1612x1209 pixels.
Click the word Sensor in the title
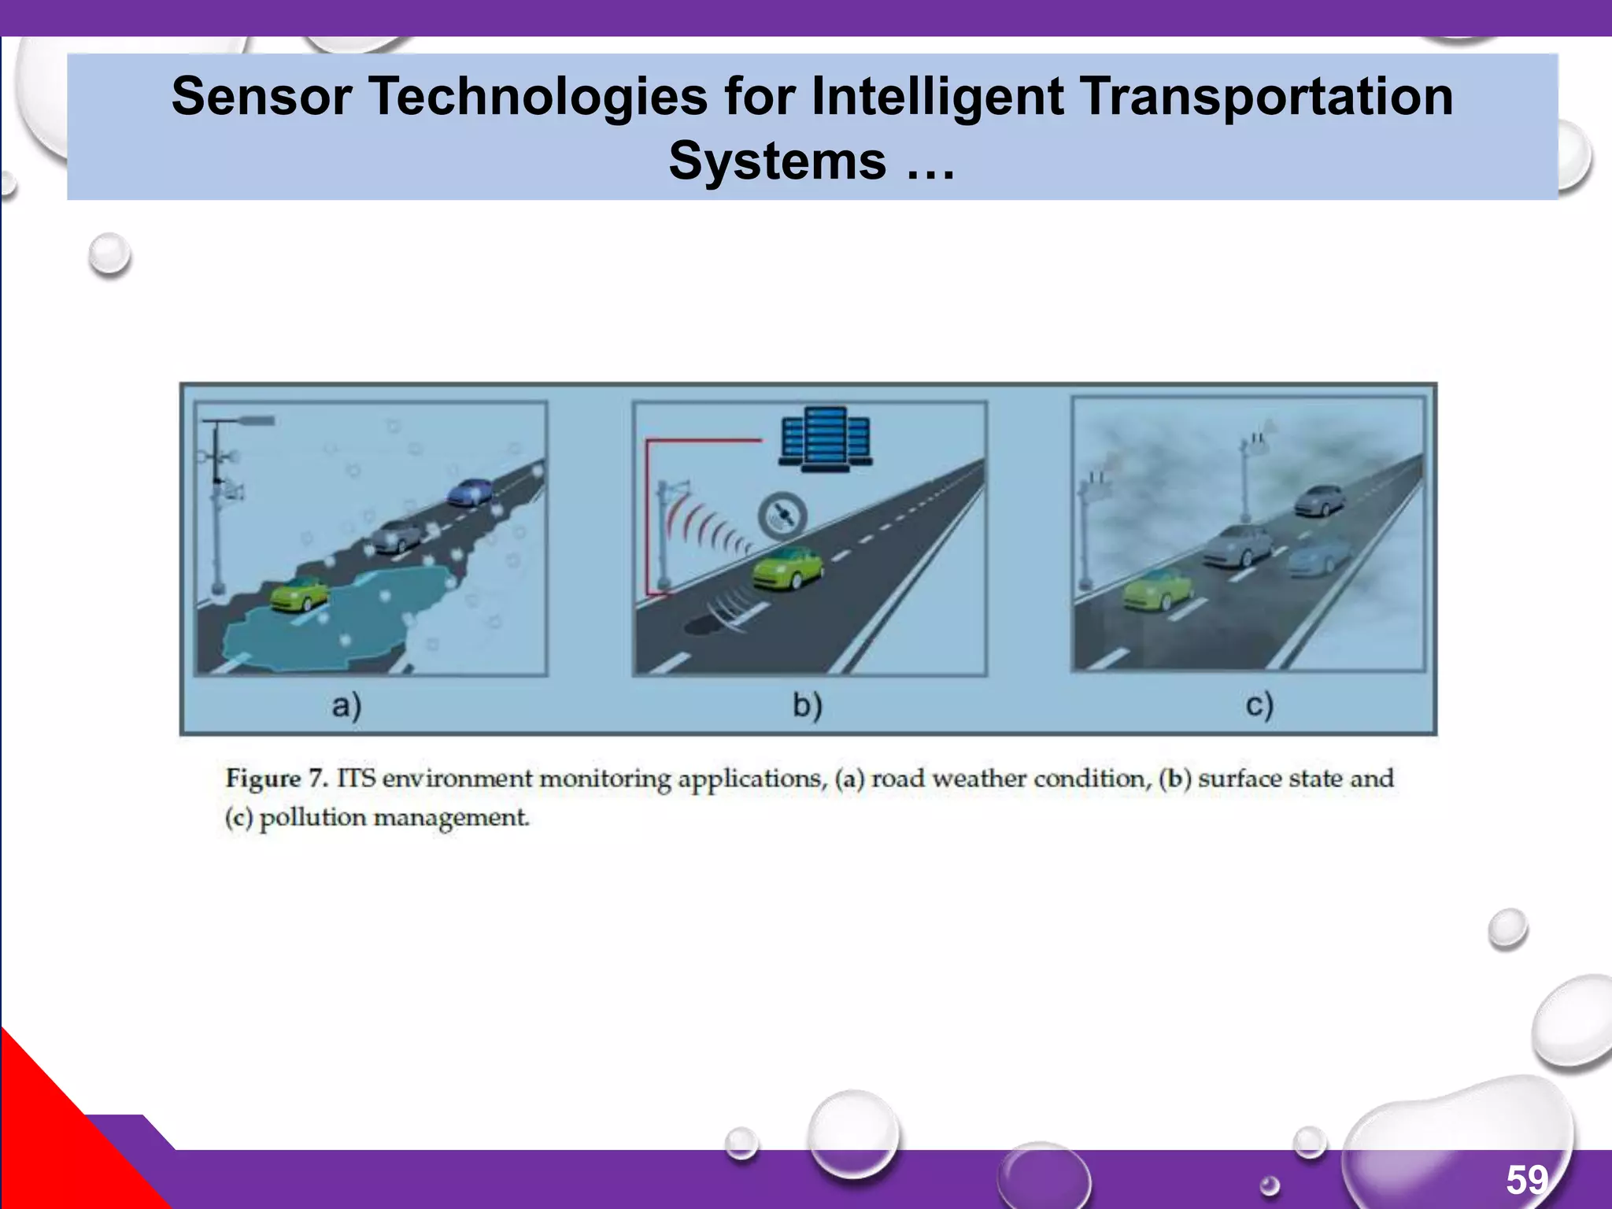(261, 98)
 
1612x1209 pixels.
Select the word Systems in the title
(778, 161)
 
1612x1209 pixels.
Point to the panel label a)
(346, 705)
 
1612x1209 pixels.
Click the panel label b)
(808, 705)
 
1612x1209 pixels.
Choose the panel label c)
(1259, 705)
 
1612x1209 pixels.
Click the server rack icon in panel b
(825, 439)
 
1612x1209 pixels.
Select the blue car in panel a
(470, 492)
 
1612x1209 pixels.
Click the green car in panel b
(787, 568)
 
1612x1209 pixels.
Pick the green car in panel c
(1157, 590)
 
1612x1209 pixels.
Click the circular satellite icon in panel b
(782, 516)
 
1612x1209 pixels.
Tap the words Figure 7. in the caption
(276, 778)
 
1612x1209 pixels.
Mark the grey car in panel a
(397, 535)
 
